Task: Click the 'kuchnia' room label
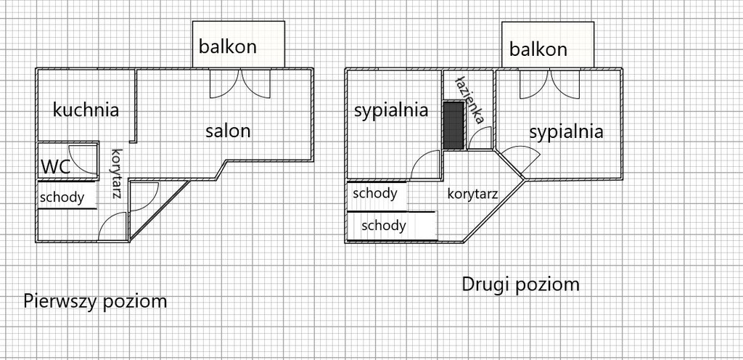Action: (x=86, y=110)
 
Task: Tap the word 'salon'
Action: (x=227, y=131)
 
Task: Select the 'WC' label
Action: (x=54, y=166)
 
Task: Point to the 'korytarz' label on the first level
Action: (x=115, y=173)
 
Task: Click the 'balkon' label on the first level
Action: (x=228, y=47)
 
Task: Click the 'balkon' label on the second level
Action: (x=538, y=49)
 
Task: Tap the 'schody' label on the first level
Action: (x=62, y=197)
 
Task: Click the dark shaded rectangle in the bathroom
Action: (x=453, y=125)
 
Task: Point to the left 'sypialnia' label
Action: (x=390, y=110)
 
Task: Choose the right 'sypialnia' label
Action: (x=566, y=132)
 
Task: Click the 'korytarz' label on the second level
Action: (x=472, y=194)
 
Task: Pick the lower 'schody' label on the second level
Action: (x=384, y=225)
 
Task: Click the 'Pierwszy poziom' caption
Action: (x=95, y=300)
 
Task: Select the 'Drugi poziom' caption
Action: (x=520, y=284)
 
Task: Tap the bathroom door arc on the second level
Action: (x=480, y=139)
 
